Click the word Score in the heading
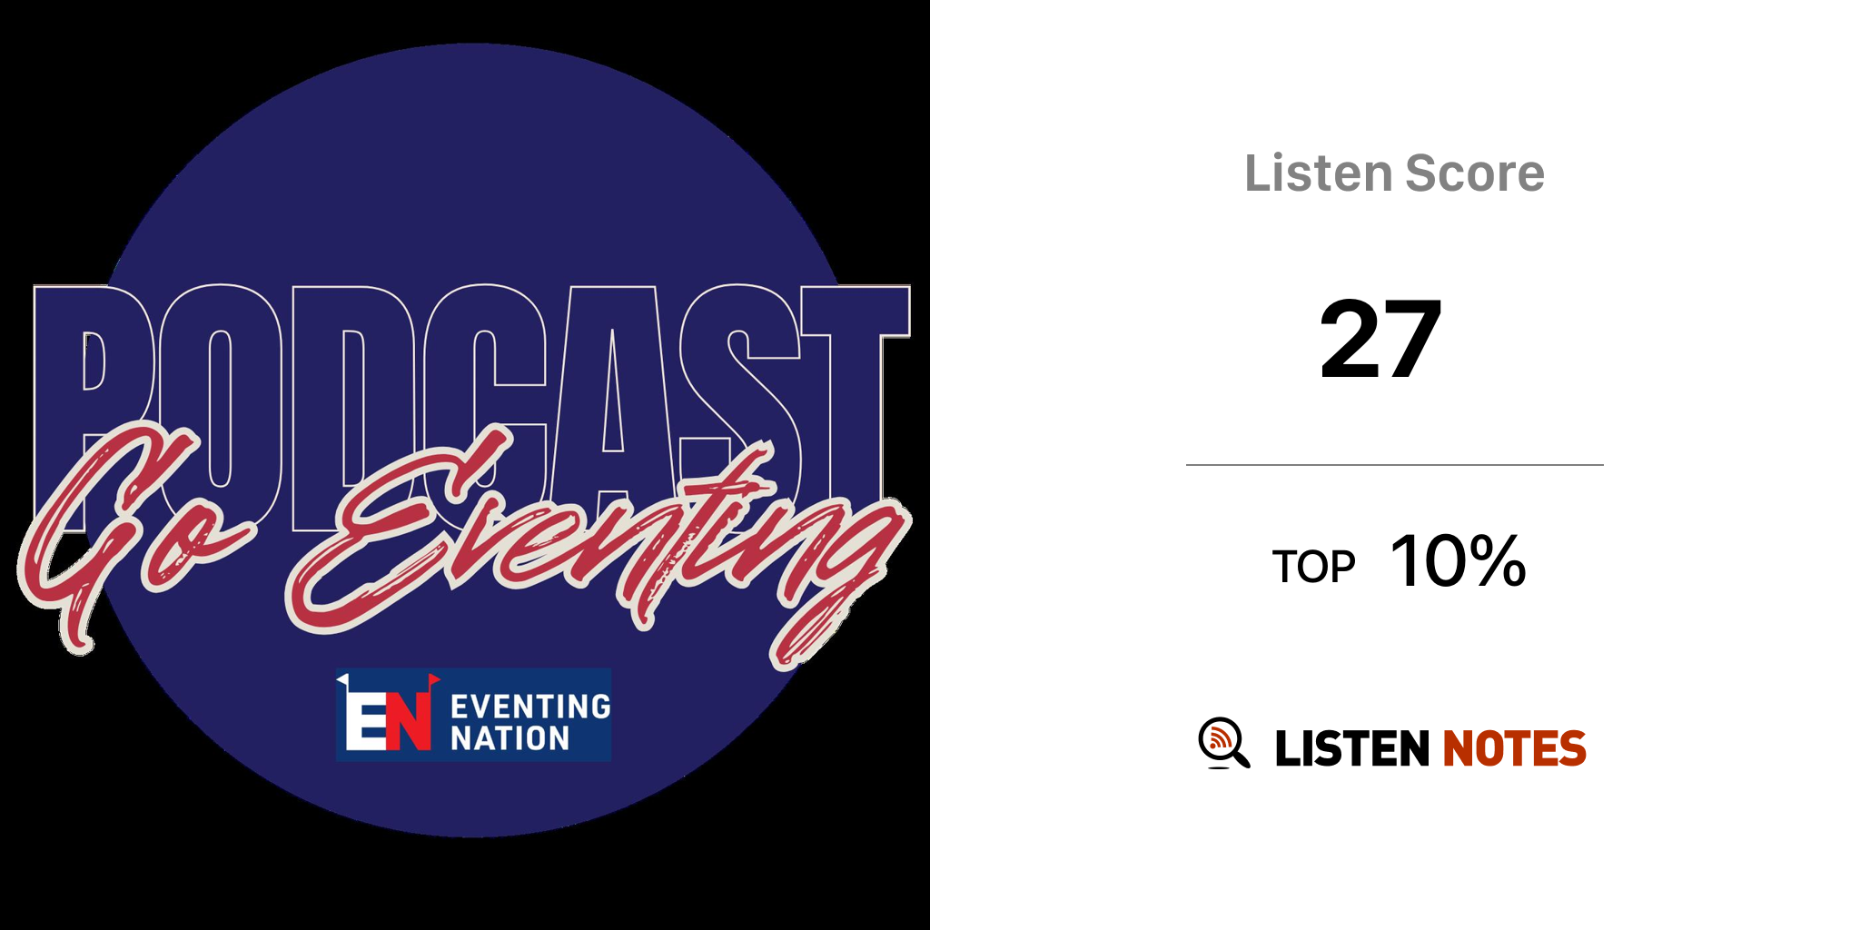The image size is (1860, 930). click(1475, 173)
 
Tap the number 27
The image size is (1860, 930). click(1380, 339)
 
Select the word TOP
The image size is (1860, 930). click(1313, 567)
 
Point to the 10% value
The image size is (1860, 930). click(1458, 561)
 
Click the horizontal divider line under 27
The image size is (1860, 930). click(1395, 465)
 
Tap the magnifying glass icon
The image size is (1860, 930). click(1223, 743)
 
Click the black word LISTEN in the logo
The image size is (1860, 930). click(1352, 748)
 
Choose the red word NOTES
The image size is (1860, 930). click(1514, 748)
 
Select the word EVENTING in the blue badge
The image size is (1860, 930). click(530, 707)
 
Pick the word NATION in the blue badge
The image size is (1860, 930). click(510, 738)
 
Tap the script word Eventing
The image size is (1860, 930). click(590, 545)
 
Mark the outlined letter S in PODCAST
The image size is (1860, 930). click(740, 400)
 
